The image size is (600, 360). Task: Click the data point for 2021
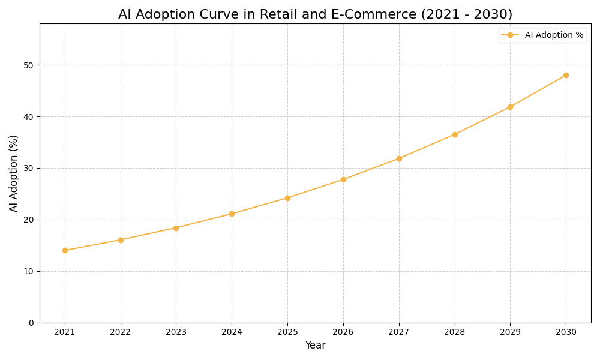tap(65, 250)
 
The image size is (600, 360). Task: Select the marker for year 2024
tap(232, 214)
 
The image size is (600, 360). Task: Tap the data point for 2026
tap(343, 179)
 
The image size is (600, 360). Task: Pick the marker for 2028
tap(455, 134)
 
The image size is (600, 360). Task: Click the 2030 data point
tap(566, 75)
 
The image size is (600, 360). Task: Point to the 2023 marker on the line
tap(176, 228)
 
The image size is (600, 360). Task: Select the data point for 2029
tap(510, 107)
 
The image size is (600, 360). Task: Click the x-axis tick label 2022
tap(121, 332)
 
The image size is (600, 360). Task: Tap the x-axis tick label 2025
tap(287, 332)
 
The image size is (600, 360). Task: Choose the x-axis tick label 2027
tap(399, 332)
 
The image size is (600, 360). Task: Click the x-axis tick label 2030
tap(566, 332)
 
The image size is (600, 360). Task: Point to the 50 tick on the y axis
tap(28, 65)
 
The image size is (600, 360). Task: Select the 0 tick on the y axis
tap(31, 323)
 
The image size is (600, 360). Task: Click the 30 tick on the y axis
tap(28, 168)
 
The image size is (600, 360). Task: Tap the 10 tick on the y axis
tap(28, 271)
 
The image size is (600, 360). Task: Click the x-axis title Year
tap(315, 346)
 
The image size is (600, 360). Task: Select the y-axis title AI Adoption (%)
tap(14, 173)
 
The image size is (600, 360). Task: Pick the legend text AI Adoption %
tap(554, 35)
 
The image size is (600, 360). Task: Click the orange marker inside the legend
tap(510, 35)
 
